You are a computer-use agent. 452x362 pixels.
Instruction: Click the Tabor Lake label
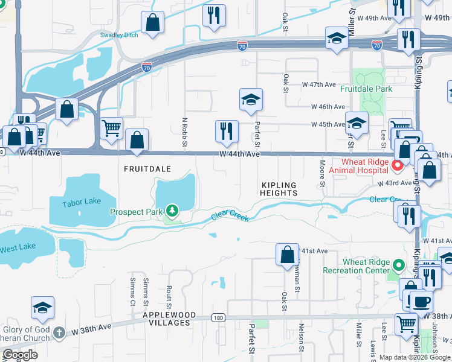[80, 203]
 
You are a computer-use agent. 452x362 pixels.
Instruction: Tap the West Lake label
[17, 249]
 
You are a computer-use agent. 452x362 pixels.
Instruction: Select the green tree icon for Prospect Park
[173, 211]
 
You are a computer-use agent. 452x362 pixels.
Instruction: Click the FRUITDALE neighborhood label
[147, 169]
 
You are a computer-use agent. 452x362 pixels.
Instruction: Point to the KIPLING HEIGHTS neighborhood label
[279, 189]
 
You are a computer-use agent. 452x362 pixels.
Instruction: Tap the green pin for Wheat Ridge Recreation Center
[398, 265]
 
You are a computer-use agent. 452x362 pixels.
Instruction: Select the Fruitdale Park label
[366, 89]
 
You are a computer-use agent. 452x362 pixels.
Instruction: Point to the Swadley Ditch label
[119, 35]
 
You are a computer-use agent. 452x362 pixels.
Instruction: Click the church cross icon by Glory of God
[58, 332]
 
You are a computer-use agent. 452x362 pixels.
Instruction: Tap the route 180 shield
[219, 317]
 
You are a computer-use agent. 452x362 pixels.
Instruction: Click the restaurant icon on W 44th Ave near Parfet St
[226, 131]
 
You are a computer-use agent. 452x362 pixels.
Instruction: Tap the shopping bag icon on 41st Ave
[287, 253]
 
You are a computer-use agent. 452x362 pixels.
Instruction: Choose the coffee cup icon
[421, 300]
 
